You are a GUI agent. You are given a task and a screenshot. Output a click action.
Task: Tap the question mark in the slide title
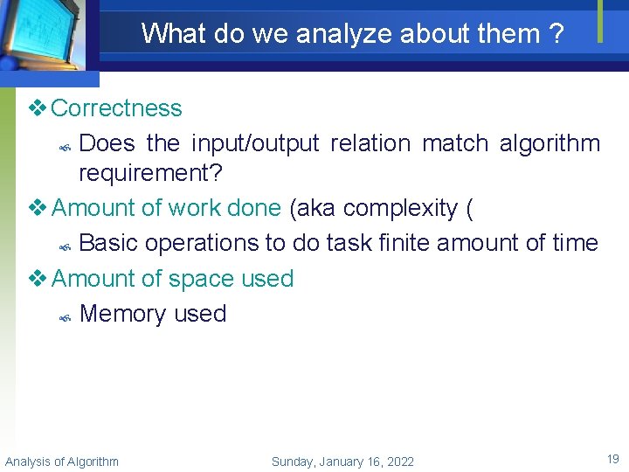(x=555, y=34)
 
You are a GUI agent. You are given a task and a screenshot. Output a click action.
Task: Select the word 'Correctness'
(x=117, y=108)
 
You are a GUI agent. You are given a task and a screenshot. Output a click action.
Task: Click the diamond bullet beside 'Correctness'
(x=37, y=108)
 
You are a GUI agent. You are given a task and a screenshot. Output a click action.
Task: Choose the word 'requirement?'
(x=150, y=173)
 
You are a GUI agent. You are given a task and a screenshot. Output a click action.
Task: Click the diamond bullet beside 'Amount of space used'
(x=37, y=279)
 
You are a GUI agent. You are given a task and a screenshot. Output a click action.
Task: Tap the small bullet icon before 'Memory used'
(x=65, y=316)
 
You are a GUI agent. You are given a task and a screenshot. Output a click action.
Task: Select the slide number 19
(x=612, y=458)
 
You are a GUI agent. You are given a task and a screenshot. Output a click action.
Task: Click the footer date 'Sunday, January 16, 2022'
(x=342, y=462)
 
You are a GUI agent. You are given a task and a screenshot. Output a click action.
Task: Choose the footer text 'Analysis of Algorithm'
(x=62, y=462)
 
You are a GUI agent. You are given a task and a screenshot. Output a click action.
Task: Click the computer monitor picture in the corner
(x=44, y=35)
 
